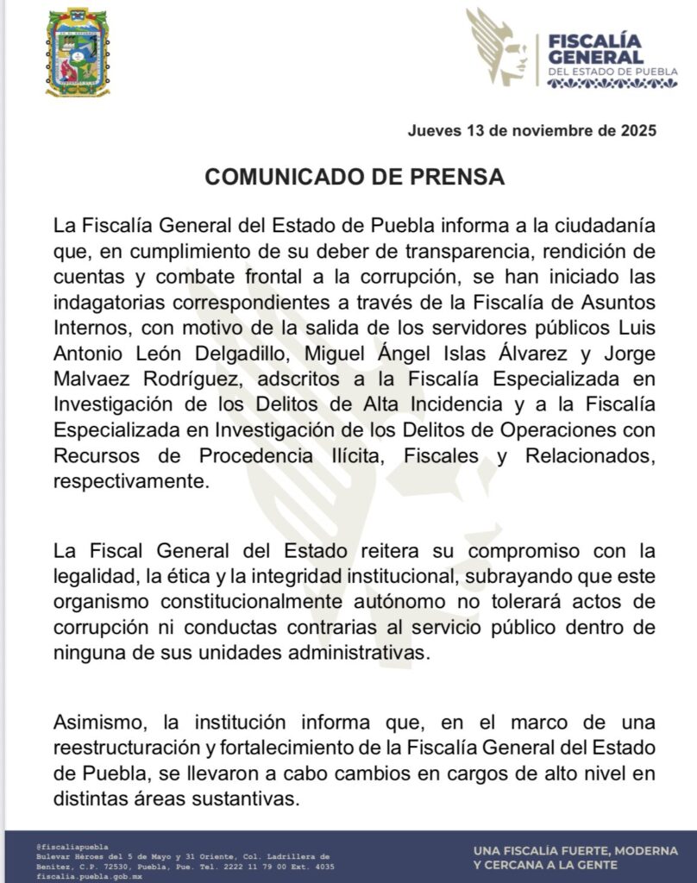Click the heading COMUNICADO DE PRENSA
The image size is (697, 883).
pyautogui.click(x=354, y=177)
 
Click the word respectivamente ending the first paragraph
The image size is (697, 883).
pyautogui.click(x=130, y=482)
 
